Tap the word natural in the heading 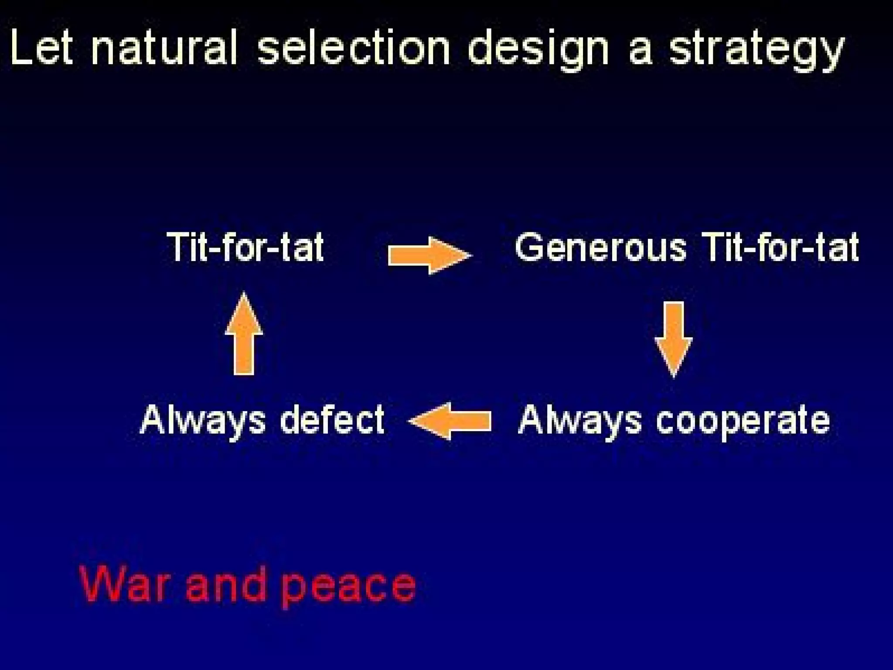pyautogui.click(x=165, y=48)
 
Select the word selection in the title pyautogui.click(x=353, y=48)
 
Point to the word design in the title pyautogui.click(x=538, y=50)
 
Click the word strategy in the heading pyautogui.click(x=757, y=50)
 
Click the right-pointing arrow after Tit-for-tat pyautogui.click(x=429, y=255)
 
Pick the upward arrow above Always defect pyautogui.click(x=244, y=334)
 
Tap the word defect pyautogui.click(x=332, y=420)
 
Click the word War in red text pyautogui.click(x=124, y=584)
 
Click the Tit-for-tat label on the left pyautogui.click(x=245, y=247)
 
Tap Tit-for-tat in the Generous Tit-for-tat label pyautogui.click(x=781, y=247)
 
